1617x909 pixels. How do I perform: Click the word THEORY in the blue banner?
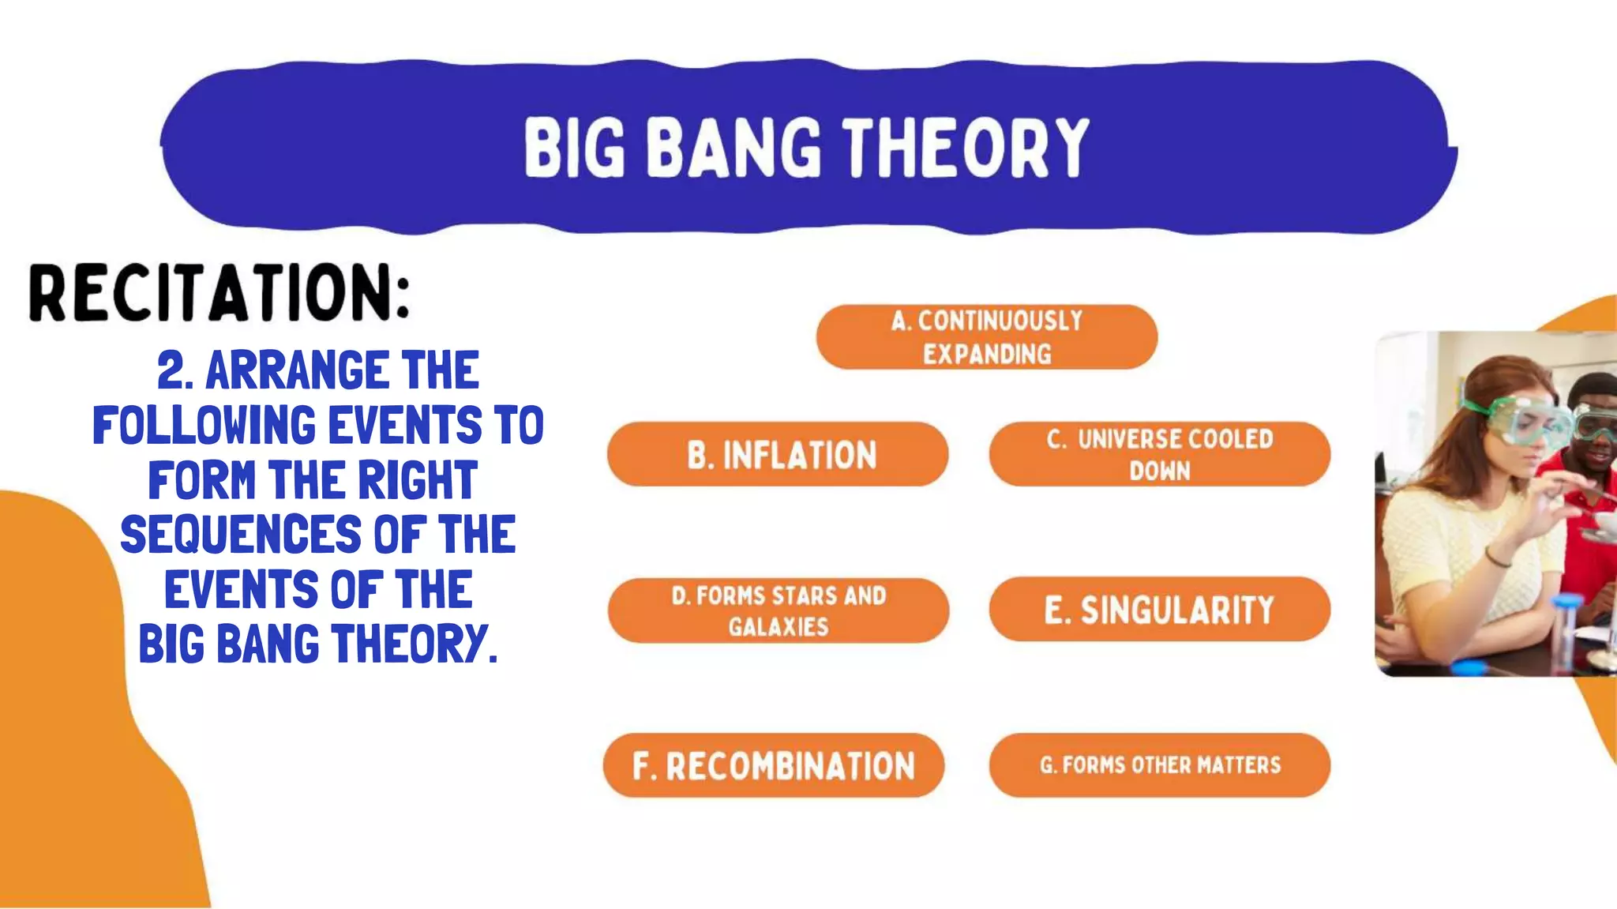966,148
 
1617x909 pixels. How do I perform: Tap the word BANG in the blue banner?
737,148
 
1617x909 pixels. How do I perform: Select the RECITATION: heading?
219,293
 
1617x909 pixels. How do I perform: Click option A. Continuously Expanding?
987,337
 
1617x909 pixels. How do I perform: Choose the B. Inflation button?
778,455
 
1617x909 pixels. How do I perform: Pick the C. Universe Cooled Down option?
1159,454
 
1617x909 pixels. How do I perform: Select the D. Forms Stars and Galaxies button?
778,610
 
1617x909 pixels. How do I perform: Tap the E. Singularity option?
1159,610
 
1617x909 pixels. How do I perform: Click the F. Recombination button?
774,766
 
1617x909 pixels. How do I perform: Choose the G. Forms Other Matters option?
1159,764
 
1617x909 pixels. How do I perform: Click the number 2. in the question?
175,370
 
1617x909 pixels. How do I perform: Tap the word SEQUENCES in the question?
240,535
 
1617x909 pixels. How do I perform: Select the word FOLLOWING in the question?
204,426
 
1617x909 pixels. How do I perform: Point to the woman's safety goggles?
1512,422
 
